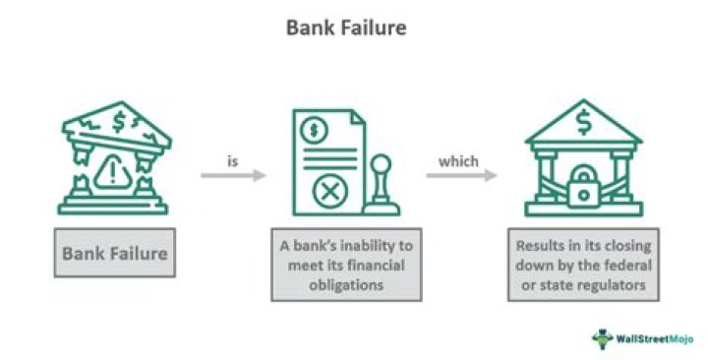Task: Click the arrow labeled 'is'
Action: (233, 176)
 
